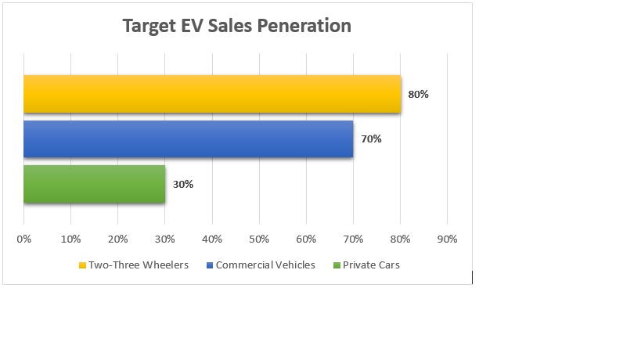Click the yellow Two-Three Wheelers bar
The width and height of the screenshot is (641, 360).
pyautogui.click(x=211, y=94)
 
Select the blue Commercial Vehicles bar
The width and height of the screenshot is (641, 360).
pyautogui.click(x=188, y=139)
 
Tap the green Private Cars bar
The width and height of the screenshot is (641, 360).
pyautogui.click(x=94, y=184)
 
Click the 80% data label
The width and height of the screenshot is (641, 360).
pyautogui.click(x=418, y=94)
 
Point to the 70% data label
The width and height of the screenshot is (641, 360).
pyautogui.click(x=371, y=139)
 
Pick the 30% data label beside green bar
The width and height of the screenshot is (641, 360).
pyautogui.click(x=182, y=185)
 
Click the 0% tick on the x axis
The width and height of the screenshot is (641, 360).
pyautogui.click(x=24, y=238)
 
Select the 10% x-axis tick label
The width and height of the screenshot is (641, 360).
pyautogui.click(x=70, y=238)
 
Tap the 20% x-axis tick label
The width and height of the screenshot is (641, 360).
pyautogui.click(x=117, y=238)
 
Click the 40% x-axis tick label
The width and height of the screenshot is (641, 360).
pyautogui.click(x=212, y=238)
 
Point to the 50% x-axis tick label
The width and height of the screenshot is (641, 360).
pyautogui.click(x=259, y=238)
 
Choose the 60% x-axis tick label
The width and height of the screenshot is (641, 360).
pyautogui.click(x=306, y=238)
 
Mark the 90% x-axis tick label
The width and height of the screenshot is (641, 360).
pyautogui.click(x=447, y=238)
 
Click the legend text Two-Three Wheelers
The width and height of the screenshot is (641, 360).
pyautogui.click(x=139, y=265)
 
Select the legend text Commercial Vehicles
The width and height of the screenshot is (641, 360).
pyautogui.click(x=265, y=265)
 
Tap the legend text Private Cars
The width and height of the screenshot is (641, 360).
pyautogui.click(x=371, y=265)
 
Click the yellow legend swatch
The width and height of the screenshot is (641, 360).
pyautogui.click(x=82, y=265)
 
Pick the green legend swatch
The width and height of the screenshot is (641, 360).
pyautogui.click(x=337, y=265)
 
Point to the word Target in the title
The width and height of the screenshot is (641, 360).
pyautogui.click(x=149, y=26)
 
